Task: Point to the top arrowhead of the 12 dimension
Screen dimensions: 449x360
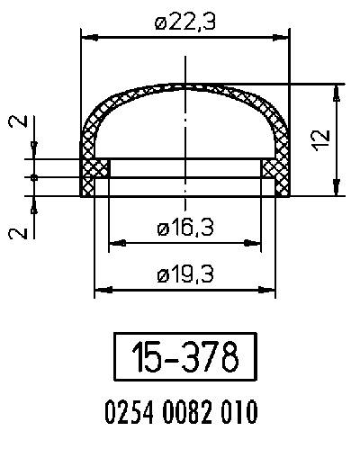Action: pyautogui.click(x=337, y=90)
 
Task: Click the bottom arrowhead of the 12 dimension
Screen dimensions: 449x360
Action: pyautogui.click(x=337, y=190)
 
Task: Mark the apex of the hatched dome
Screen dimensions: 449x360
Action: pyautogui.click(x=185, y=86)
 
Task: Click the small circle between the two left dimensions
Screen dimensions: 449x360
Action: pyautogui.click(x=34, y=177)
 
